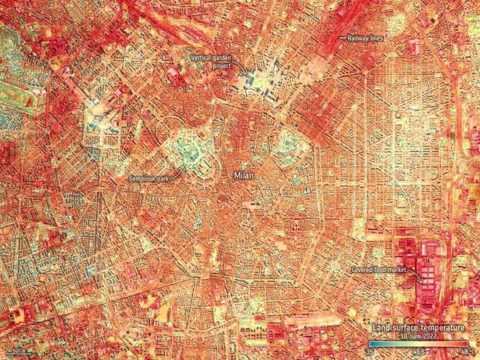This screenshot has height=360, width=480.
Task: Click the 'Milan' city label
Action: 243,176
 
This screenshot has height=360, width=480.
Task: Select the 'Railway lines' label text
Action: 364,39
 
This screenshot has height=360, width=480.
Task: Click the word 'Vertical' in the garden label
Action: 202,59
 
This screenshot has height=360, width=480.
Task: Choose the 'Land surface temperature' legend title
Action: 418,327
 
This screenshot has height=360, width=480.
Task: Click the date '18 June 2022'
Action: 418,336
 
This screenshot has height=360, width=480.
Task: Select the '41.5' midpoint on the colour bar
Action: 418,352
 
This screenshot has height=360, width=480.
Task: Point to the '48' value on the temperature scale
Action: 463,352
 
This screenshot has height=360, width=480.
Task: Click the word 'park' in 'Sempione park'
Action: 164,178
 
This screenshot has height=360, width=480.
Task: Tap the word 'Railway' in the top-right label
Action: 357,39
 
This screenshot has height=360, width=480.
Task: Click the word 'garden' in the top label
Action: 223,59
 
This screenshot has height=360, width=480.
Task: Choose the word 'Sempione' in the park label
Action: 143,178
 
